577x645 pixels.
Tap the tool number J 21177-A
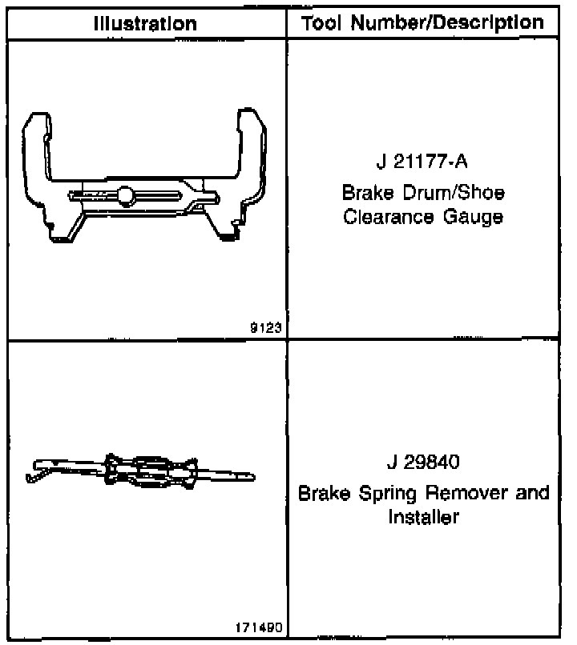[x=422, y=164]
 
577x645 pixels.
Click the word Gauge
[x=475, y=217]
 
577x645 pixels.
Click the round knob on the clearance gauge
[x=125, y=194]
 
